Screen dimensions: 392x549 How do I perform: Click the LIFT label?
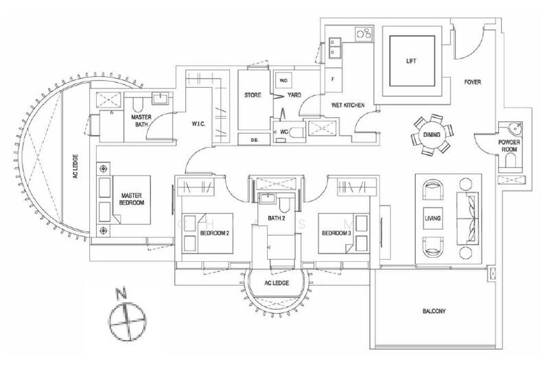pyautogui.click(x=411, y=60)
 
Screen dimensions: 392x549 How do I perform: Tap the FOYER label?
pyautogui.click(x=472, y=82)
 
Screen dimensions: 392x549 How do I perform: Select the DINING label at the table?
pyautogui.click(x=432, y=135)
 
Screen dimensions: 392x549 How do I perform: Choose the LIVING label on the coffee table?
pyautogui.click(x=432, y=218)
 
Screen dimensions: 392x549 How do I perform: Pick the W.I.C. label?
pyautogui.click(x=201, y=123)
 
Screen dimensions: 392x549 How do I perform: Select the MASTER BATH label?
pyautogui.click(x=141, y=121)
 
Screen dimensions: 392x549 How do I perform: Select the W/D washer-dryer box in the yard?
pyautogui.click(x=283, y=80)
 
